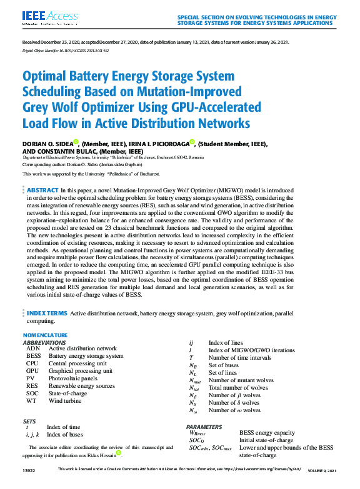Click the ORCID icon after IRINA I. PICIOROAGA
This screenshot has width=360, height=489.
tap(192, 142)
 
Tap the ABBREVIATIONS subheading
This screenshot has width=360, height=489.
tap(44, 343)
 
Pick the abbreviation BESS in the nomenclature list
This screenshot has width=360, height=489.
tap(34, 356)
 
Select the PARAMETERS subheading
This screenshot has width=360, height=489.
tap(204, 426)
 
